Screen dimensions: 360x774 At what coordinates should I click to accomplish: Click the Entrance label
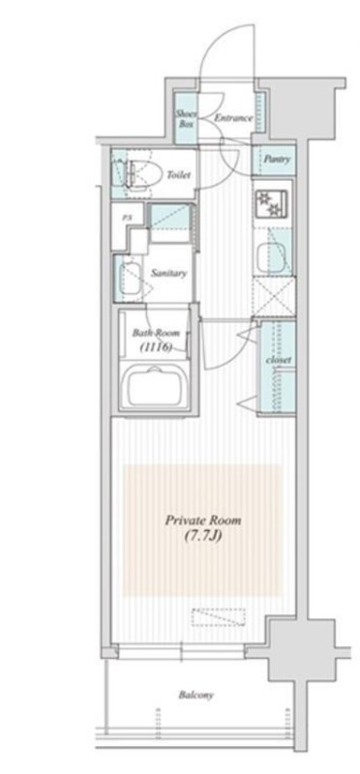[x=233, y=118]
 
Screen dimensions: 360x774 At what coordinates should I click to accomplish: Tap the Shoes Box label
[x=186, y=118]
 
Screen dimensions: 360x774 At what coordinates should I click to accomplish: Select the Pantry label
[x=277, y=160]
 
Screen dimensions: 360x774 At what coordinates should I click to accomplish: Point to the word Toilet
[x=179, y=175]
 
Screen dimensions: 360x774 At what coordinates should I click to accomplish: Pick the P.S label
[x=126, y=216]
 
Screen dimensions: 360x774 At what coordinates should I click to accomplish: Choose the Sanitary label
[x=169, y=273]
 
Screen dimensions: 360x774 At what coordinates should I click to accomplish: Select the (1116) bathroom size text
[x=155, y=347]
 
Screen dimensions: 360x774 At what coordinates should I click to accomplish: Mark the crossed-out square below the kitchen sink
[x=274, y=297]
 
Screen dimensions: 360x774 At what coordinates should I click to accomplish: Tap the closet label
[x=279, y=360]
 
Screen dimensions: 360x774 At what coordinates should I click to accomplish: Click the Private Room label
[x=203, y=521]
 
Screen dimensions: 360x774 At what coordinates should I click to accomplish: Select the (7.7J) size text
[x=203, y=535]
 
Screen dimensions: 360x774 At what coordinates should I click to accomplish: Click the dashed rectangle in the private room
[x=219, y=617]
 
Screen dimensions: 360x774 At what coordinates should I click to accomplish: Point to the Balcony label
[x=196, y=696]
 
